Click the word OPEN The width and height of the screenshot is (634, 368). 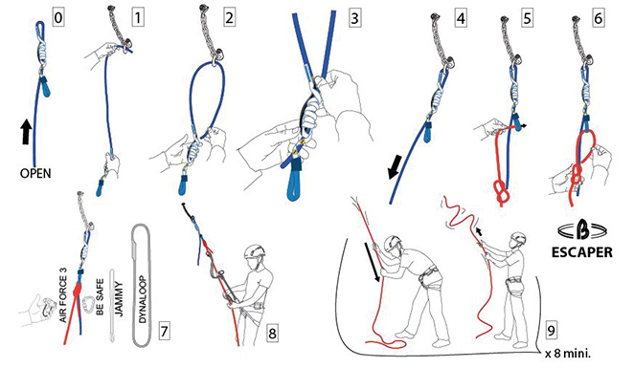[35, 174]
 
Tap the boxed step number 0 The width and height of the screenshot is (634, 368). [58, 18]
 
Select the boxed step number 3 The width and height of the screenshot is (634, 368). [354, 18]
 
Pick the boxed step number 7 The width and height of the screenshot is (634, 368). [164, 332]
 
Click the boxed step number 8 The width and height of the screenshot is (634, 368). [273, 334]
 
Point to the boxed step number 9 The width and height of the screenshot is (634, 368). [551, 331]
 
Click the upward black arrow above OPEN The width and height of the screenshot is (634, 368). [26, 131]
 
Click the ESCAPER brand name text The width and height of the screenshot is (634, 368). [582, 252]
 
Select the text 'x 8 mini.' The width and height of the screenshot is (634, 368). [568, 355]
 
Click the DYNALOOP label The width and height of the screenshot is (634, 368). [143, 299]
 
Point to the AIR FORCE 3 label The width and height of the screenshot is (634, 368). [63, 294]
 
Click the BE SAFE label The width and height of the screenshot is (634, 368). [101, 296]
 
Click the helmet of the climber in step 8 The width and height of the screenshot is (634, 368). [255, 251]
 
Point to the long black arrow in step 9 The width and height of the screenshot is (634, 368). [374, 262]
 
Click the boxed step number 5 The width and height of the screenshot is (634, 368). [528, 18]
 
